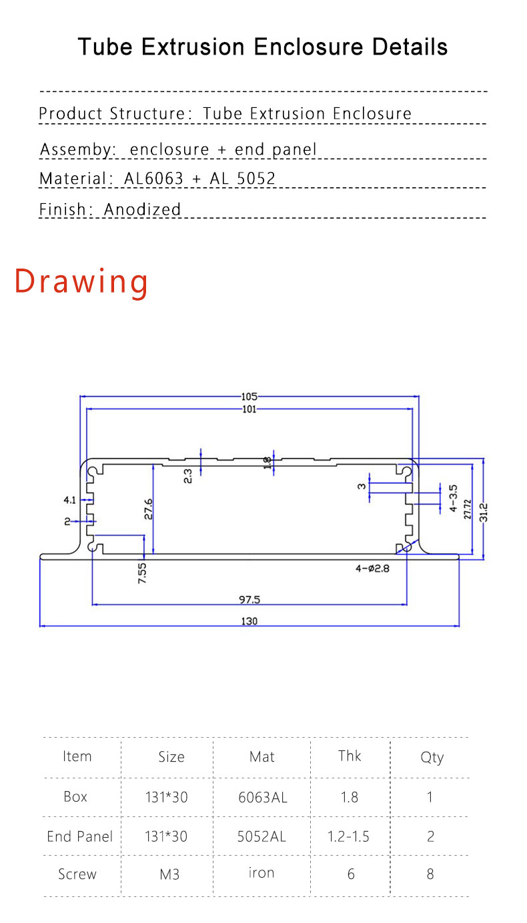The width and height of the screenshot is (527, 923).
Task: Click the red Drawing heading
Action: pos(81,281)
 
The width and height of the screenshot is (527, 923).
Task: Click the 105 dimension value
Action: pos(249,397)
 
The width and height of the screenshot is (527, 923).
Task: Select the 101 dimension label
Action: pos(249,409)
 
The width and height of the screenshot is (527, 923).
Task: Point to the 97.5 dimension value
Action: pos(249,600)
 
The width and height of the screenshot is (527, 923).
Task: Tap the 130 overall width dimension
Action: pos(249,621)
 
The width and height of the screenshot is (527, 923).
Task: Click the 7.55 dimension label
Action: pos(142,574)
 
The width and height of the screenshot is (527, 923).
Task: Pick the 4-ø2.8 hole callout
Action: pos(372,568)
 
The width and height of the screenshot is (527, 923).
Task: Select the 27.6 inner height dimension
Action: pos(148,508)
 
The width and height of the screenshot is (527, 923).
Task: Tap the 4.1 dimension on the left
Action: pos(69,499)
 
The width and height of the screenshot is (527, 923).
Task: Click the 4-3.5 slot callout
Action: pos(454,498)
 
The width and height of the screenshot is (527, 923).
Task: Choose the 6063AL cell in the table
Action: pos(262,797)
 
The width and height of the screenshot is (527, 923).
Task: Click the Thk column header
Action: pos(350,756)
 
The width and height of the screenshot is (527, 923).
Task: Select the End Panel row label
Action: pos(80,836)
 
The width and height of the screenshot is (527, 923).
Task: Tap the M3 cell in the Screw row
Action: pos(169,874)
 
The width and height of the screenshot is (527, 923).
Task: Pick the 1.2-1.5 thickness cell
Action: pos(348,836)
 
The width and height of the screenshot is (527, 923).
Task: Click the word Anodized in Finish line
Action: pos(143,209)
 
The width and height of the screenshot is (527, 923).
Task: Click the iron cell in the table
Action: pos(261,873)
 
